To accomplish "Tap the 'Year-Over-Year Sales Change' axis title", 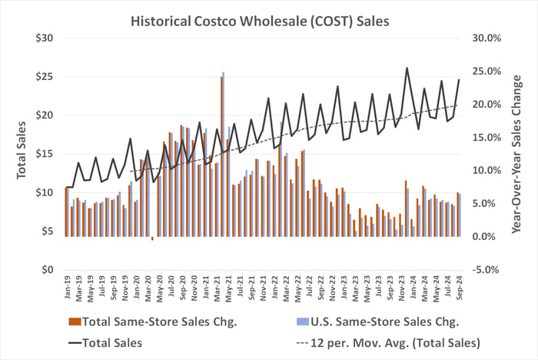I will (517, 154).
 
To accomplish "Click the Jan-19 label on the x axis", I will (67, 288).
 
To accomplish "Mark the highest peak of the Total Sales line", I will (407, 68).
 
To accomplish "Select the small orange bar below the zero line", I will (152, 238).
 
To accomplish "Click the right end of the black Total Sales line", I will (459, 79).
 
